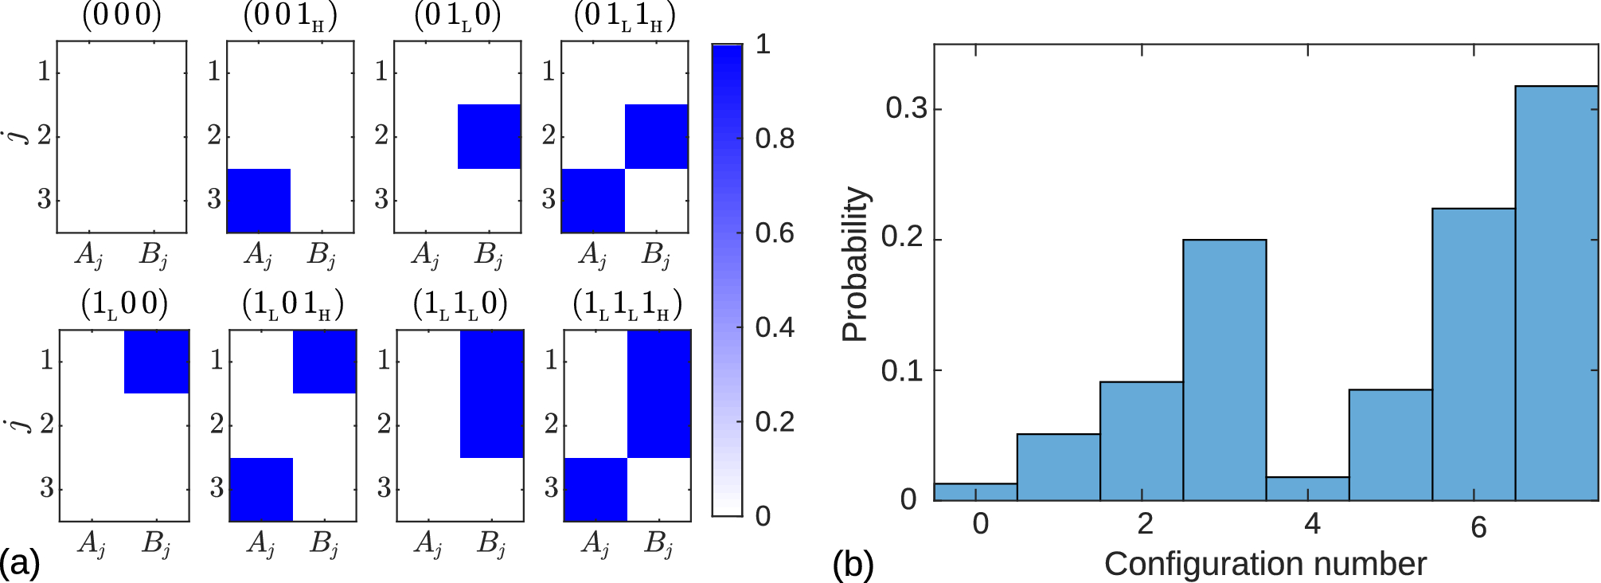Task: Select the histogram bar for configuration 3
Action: click(1224, 370)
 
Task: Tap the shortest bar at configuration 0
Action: click(975, 492)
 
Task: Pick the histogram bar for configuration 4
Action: click(1307, 489)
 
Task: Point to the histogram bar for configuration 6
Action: click(1473, 354)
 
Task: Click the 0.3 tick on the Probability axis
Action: click(907, 108)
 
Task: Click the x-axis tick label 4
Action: click(1312, 524)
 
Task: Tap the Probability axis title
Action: click(855, 264)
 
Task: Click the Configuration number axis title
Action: click(1265, 564)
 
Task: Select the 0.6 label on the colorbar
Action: click(775, 233)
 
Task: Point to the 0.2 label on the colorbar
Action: click(775, 421)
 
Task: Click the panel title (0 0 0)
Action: click(122, 17)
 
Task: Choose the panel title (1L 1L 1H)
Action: click(627, 306)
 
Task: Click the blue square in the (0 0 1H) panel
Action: click(259, 201)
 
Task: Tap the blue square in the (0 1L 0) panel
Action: click(489, 136)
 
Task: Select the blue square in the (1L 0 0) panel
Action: click(157, 362)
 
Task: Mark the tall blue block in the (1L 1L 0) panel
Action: click(492, 393)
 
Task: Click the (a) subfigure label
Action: click(20, 564)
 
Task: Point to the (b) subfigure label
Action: click(853, 564)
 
